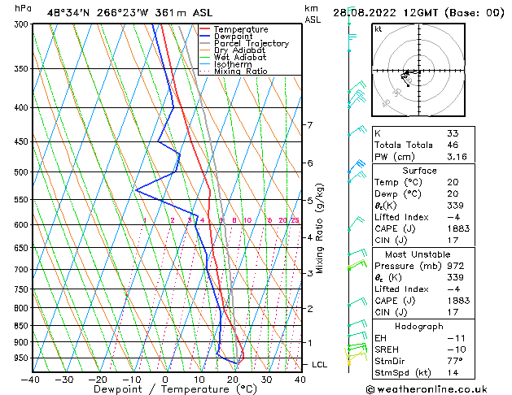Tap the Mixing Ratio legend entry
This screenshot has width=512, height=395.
click(241, 72)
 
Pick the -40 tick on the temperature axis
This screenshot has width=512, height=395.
click(30, 380)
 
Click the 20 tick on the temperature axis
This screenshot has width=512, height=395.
click(233, 380)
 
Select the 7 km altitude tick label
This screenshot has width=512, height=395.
click(309, 125)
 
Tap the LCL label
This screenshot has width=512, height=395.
click(320, 365)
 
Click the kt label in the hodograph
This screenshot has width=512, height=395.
click(378, 29)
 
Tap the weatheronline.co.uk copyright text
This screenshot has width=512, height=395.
click(438, 388)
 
